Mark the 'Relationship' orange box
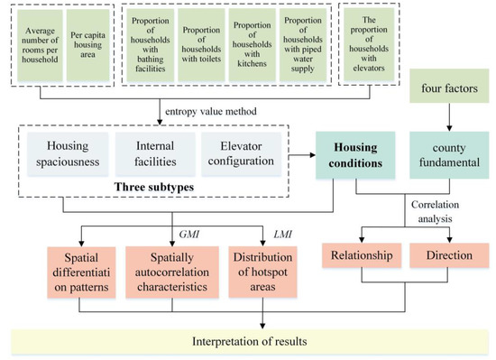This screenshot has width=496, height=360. (363, 255)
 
